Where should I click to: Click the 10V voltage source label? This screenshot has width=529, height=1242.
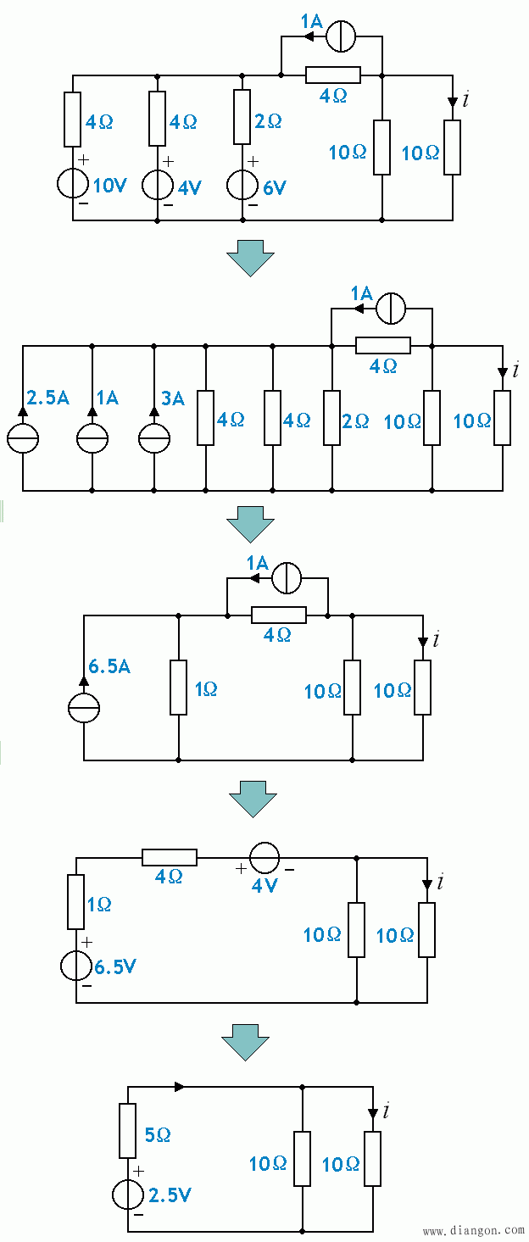[x=109, y=186]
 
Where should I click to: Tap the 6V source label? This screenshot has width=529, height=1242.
[x=275, y=188]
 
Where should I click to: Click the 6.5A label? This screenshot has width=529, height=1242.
[x=110, y=667]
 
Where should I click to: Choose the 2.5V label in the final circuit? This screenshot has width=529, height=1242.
[x=170, y=1195]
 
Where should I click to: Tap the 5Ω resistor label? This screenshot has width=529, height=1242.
[x=159, y=1134]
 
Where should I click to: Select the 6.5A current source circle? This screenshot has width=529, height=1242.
[x=84, y=708]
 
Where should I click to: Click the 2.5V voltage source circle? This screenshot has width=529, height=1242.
[x=128, y=1195]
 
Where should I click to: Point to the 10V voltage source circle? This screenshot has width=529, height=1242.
[x=73, y=185]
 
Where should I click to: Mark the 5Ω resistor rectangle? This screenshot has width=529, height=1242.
[x=128, y=1131]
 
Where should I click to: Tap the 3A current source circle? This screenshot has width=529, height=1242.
[x=154, y=437]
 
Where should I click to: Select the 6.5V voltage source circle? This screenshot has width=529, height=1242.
[x=76, y=966]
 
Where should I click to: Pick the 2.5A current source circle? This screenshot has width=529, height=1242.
[x=23, y=437]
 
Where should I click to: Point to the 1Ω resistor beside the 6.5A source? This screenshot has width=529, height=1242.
[x=179, y=688]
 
